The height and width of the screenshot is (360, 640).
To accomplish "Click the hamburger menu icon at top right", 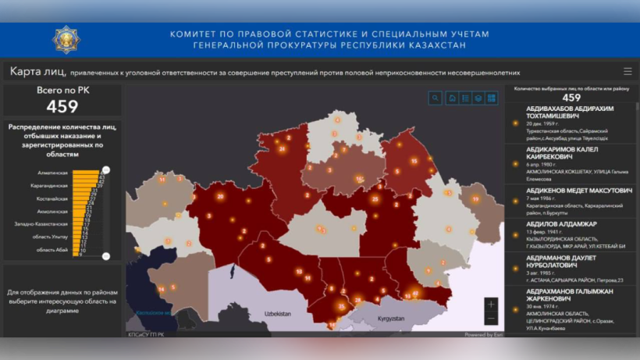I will pyautogui.click(x=627, y=71).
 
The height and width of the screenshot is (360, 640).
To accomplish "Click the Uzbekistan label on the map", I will pyautogui.click(x=277, y=313).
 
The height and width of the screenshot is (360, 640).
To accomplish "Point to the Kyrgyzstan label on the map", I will pyautogui.click(x=384, y=319).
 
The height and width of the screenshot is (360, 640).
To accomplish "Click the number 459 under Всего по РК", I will pyautogui.click(x=62, y=106).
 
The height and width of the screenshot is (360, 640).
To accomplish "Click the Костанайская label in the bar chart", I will pyautogui.click(x=52, y=198).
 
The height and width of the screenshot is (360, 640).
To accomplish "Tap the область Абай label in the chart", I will pyautogui.click(x=53, y=249).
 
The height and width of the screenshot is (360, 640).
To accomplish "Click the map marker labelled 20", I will pyautogui.click(x=220, y=197).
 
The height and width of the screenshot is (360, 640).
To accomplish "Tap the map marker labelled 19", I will pyautogui.click(x=475, y=199).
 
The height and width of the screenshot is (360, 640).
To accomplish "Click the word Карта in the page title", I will pyautogui.click(x=25, y=71).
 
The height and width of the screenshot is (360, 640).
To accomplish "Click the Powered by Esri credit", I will pyautogui.click(x=483, y=334).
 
